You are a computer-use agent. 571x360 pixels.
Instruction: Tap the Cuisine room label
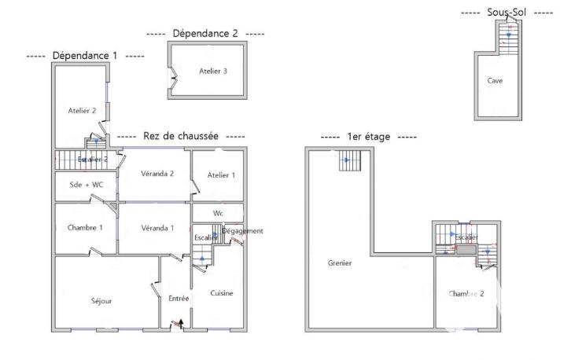click(x=222, y=293)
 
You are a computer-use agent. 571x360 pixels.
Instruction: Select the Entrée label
click(x=179, y=299)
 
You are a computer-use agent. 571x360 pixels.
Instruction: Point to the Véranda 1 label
click(x=157, y=228)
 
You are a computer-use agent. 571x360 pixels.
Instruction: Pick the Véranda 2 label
click(x=157, y=174)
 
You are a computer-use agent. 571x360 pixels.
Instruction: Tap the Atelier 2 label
click(x=82, y=111)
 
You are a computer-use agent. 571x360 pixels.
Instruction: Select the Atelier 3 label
click(x=213, y=72)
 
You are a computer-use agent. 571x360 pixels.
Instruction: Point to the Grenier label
click(x=340, y=263)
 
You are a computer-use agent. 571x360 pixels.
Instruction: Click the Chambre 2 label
click(x=466, y=294)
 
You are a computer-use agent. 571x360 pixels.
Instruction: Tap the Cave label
click(x=495, y=80)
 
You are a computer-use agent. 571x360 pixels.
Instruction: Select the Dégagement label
click(x=242, y=231)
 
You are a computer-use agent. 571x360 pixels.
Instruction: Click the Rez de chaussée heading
click(x=180, y=136)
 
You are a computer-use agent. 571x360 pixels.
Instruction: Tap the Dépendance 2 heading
click(x=204, y=34)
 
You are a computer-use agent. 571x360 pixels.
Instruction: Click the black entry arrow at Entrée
click(x=180, y=322)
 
